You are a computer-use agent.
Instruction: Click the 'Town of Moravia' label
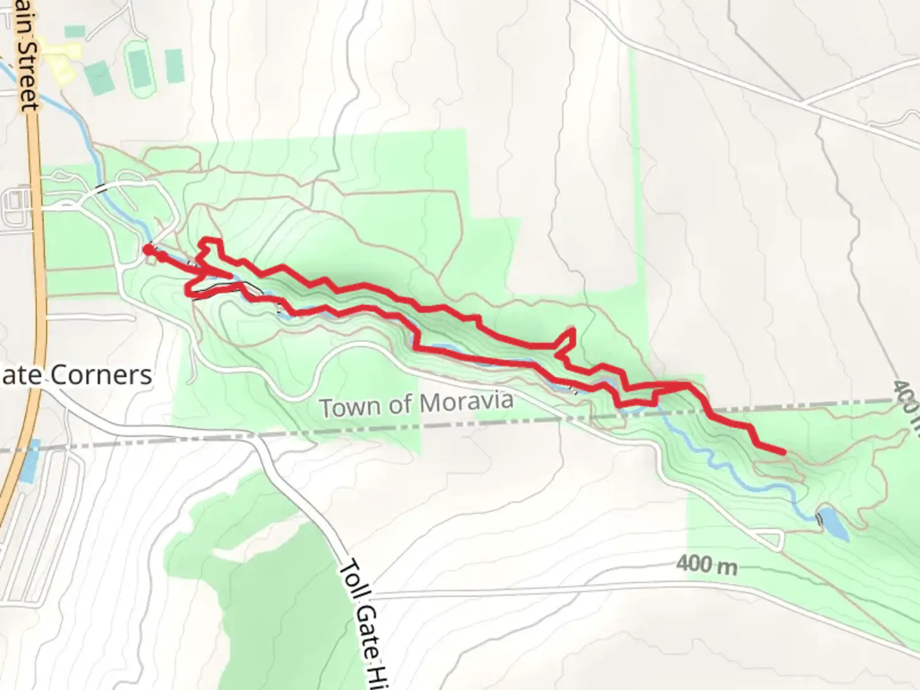416,404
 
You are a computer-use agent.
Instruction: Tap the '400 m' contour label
706,565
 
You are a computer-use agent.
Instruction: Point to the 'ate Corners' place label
77,375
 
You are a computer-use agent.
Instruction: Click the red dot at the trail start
148,249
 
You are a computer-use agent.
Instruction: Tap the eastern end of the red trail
782,452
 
